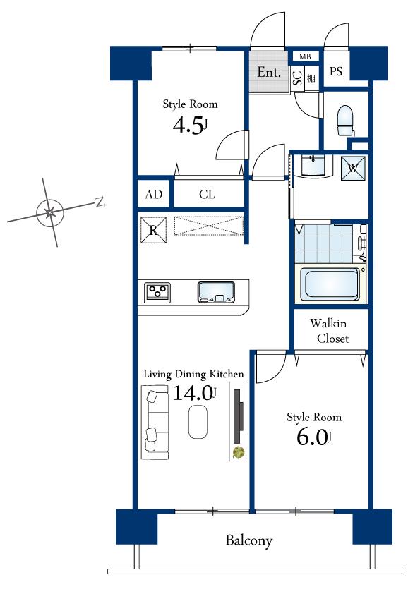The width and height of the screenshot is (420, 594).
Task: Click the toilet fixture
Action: pos(345,121)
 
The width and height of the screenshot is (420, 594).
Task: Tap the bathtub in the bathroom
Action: pos(330,284)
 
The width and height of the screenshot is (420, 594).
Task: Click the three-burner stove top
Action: pos(158,291)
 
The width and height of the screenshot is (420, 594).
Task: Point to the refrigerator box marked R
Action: pos(153,229)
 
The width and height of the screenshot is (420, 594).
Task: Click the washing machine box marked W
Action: pos(353,167)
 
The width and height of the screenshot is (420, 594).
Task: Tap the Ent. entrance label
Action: pos(269,73)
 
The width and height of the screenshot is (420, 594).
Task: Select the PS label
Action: pos(336,72)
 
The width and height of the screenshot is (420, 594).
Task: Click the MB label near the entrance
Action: pos(305,56)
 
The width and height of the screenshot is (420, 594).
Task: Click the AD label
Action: pos(153,195)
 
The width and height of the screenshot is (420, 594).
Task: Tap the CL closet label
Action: pos(206,195)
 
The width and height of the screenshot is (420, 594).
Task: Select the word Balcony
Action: pos(248,541)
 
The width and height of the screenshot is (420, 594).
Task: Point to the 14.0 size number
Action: pos(193,394)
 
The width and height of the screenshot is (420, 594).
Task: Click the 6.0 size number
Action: pos(311,437)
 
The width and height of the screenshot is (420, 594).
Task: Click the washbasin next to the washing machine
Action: pos(315,166)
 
